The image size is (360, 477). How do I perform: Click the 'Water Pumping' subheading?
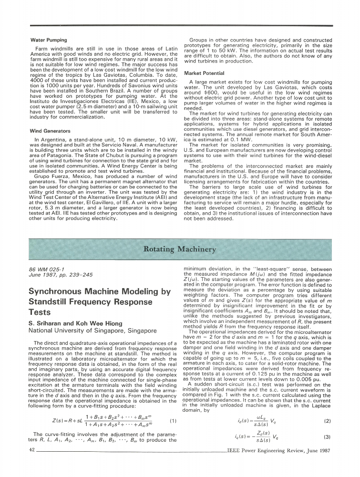coord(48,40)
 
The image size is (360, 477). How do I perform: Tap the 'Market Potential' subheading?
coord(204,74)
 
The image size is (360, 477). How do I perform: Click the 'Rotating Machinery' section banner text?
coord(180,249)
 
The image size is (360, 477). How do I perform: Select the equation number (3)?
coord(327,436)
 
